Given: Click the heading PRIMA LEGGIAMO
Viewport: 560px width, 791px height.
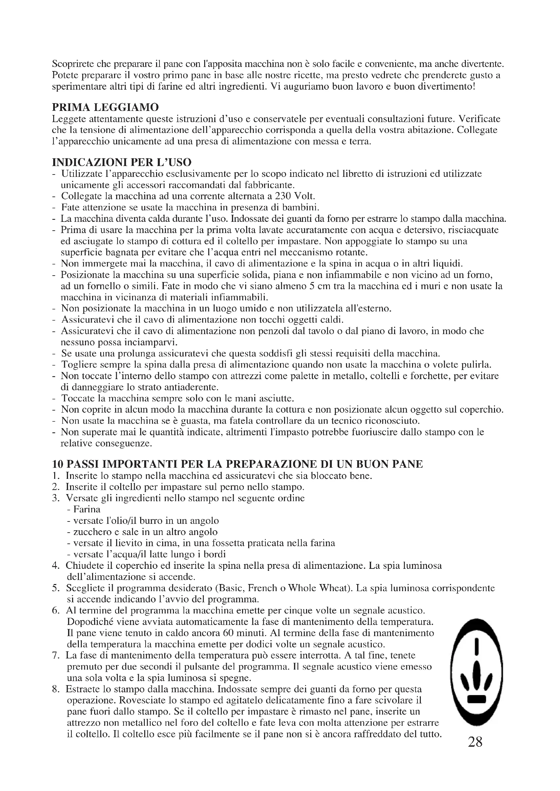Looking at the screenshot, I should pyautogui.click(x=105, y=108).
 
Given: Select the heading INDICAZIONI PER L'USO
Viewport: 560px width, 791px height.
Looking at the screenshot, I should pyautogui.click(x=122, y=162).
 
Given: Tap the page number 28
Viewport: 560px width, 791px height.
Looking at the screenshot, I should pyautogui.click(x=475, y=741).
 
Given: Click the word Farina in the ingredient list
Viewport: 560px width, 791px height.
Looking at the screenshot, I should pyautogui.click(x=87, y=509).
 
